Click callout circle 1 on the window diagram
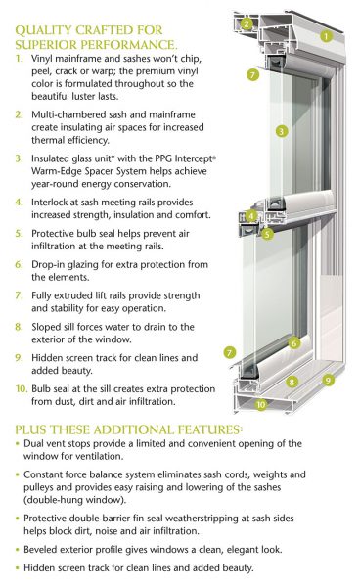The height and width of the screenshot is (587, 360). tap(328, 38)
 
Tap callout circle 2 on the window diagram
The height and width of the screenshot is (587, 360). tap(247, 23)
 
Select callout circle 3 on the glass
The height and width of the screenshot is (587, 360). tap(281, 131)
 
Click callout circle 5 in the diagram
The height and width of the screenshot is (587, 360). tap(267, 235)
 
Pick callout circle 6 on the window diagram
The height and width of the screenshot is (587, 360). tap(294, 342)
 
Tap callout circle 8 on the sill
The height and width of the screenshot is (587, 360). tap(291, 383)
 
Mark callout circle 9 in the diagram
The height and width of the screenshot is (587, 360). tap(328, 380)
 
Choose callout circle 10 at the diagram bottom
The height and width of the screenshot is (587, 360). tap(260, 403)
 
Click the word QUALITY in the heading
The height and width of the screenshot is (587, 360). tap(44, 29)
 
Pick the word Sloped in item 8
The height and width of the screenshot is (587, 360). tap(46, 327)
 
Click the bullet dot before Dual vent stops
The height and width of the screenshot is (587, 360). tap(20, 446)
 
